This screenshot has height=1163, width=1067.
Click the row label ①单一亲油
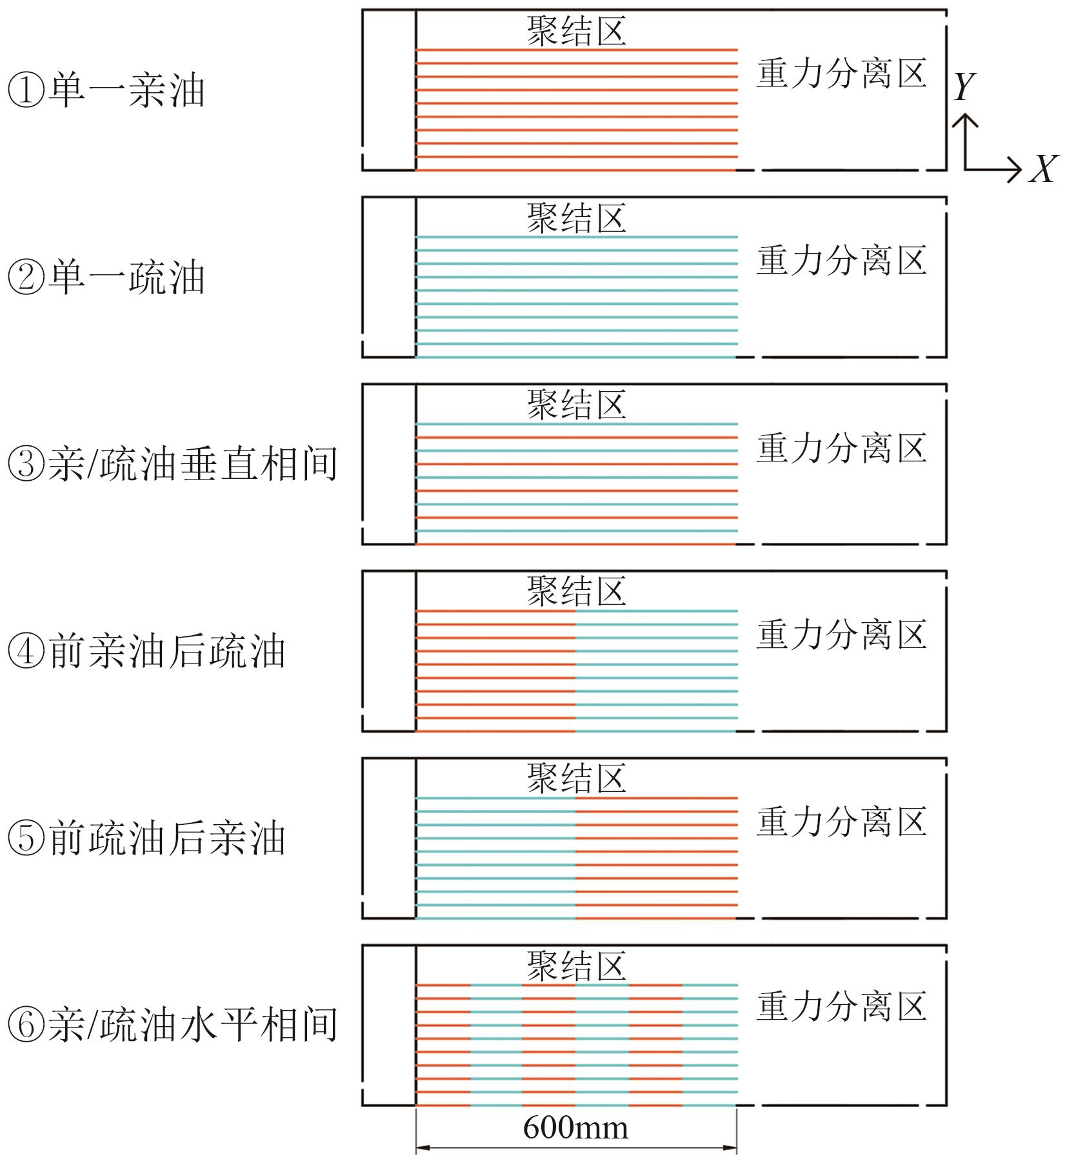[x=106, y=91]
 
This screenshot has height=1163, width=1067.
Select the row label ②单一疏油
[x=106, y=278]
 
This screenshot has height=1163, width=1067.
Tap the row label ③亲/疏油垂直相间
[x=172, y=465]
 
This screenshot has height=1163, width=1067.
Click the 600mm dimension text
[x=575, y=1128]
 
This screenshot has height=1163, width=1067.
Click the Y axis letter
[x=964, y=86]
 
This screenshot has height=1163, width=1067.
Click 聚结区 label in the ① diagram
[x=576, y=31]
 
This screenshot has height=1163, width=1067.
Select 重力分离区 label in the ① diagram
[x=841, y=74]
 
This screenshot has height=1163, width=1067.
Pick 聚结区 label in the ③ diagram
[x=576, y=405]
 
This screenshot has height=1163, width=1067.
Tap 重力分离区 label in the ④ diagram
[x=841, y=634]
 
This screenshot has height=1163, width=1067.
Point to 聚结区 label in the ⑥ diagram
[x=576, y=966]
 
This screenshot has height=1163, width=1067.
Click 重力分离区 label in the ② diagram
[x=841, y=261]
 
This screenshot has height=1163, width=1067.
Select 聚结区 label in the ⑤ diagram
[x=576, y=778]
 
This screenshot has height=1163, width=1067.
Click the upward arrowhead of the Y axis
[x=964, y=119]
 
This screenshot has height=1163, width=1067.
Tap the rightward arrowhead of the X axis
[x=1015, y=170]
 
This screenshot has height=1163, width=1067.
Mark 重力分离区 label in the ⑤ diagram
[x=841, y=822]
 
